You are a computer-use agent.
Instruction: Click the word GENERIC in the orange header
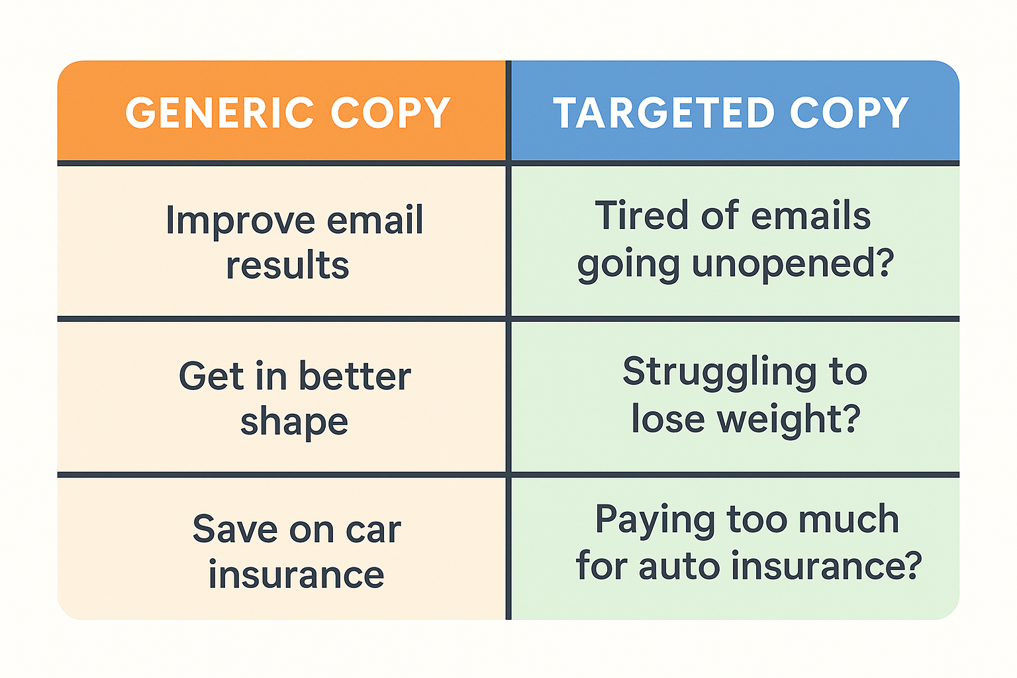coord(220,113)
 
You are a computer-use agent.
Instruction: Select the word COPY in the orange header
coord(391,113)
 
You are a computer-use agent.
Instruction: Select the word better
coord(355,375)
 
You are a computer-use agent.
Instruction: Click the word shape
coord(294,423)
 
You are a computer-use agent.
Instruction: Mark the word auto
coord(680,566)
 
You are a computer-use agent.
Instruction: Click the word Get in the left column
coord(212,376)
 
